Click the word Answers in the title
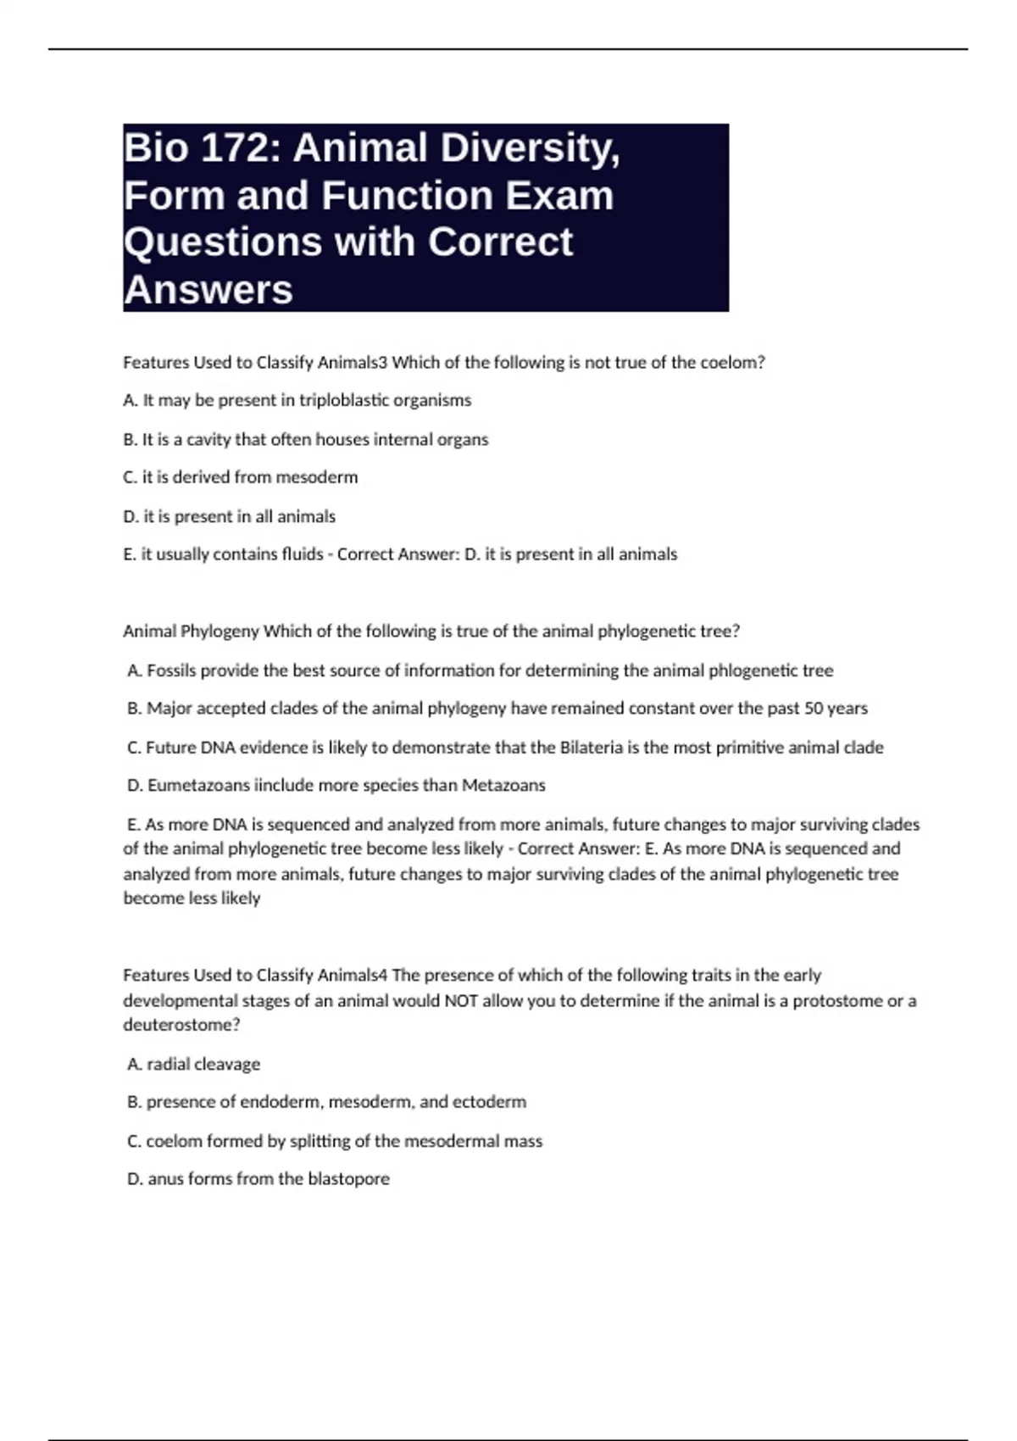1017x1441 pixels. pos(208,290)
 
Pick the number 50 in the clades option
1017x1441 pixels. pos(814,708)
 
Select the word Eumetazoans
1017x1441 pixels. pos(198,786)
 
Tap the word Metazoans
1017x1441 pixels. pos(503,786)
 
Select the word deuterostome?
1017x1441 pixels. pos(181,1025)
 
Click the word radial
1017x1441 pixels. pos(168,1064)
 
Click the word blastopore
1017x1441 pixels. pos(348,1179)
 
